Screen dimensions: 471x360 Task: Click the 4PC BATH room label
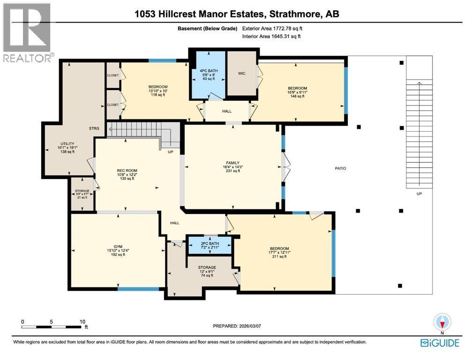pyautogui.click(x=209, y=71)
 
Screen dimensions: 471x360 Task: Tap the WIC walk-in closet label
pyautogui.click(x=242, y=73)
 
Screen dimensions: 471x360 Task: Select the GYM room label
pyautogui.click(x=118, y=247)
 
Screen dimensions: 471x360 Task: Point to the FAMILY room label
pyautogui.click(x=233, y=163)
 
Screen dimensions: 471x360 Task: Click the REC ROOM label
pyautogui.click(x=127, y=170)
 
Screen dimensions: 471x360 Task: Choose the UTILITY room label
pyautogui.click(x=67, y=143)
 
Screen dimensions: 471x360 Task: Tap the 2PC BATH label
pyautogui.click(x=210, y=243)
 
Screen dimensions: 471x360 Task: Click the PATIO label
pyautogui.click(x=340, y=168)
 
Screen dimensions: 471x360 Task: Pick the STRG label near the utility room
pyautogui.click(x=94, y=128)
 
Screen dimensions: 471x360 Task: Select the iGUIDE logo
pyautogui.click(x=440, y=343)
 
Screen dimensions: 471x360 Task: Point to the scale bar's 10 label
pyautogui.click(x=82, y=322)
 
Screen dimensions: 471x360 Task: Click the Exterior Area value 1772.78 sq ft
pyautogui.click(x=287, y=29)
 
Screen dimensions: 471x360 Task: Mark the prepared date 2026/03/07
pyautogui.click(x=250, y=326)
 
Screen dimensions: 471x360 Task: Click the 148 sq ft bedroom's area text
pyautogui.click(x=298, y=96)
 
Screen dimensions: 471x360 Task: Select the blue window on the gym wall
pyautogui.click(x=138, y=289)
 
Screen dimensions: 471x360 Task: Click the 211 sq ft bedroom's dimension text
pyautogui.click(x=279, y=252)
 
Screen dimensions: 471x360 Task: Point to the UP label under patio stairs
pyautogui.click(x=419, y=194)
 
